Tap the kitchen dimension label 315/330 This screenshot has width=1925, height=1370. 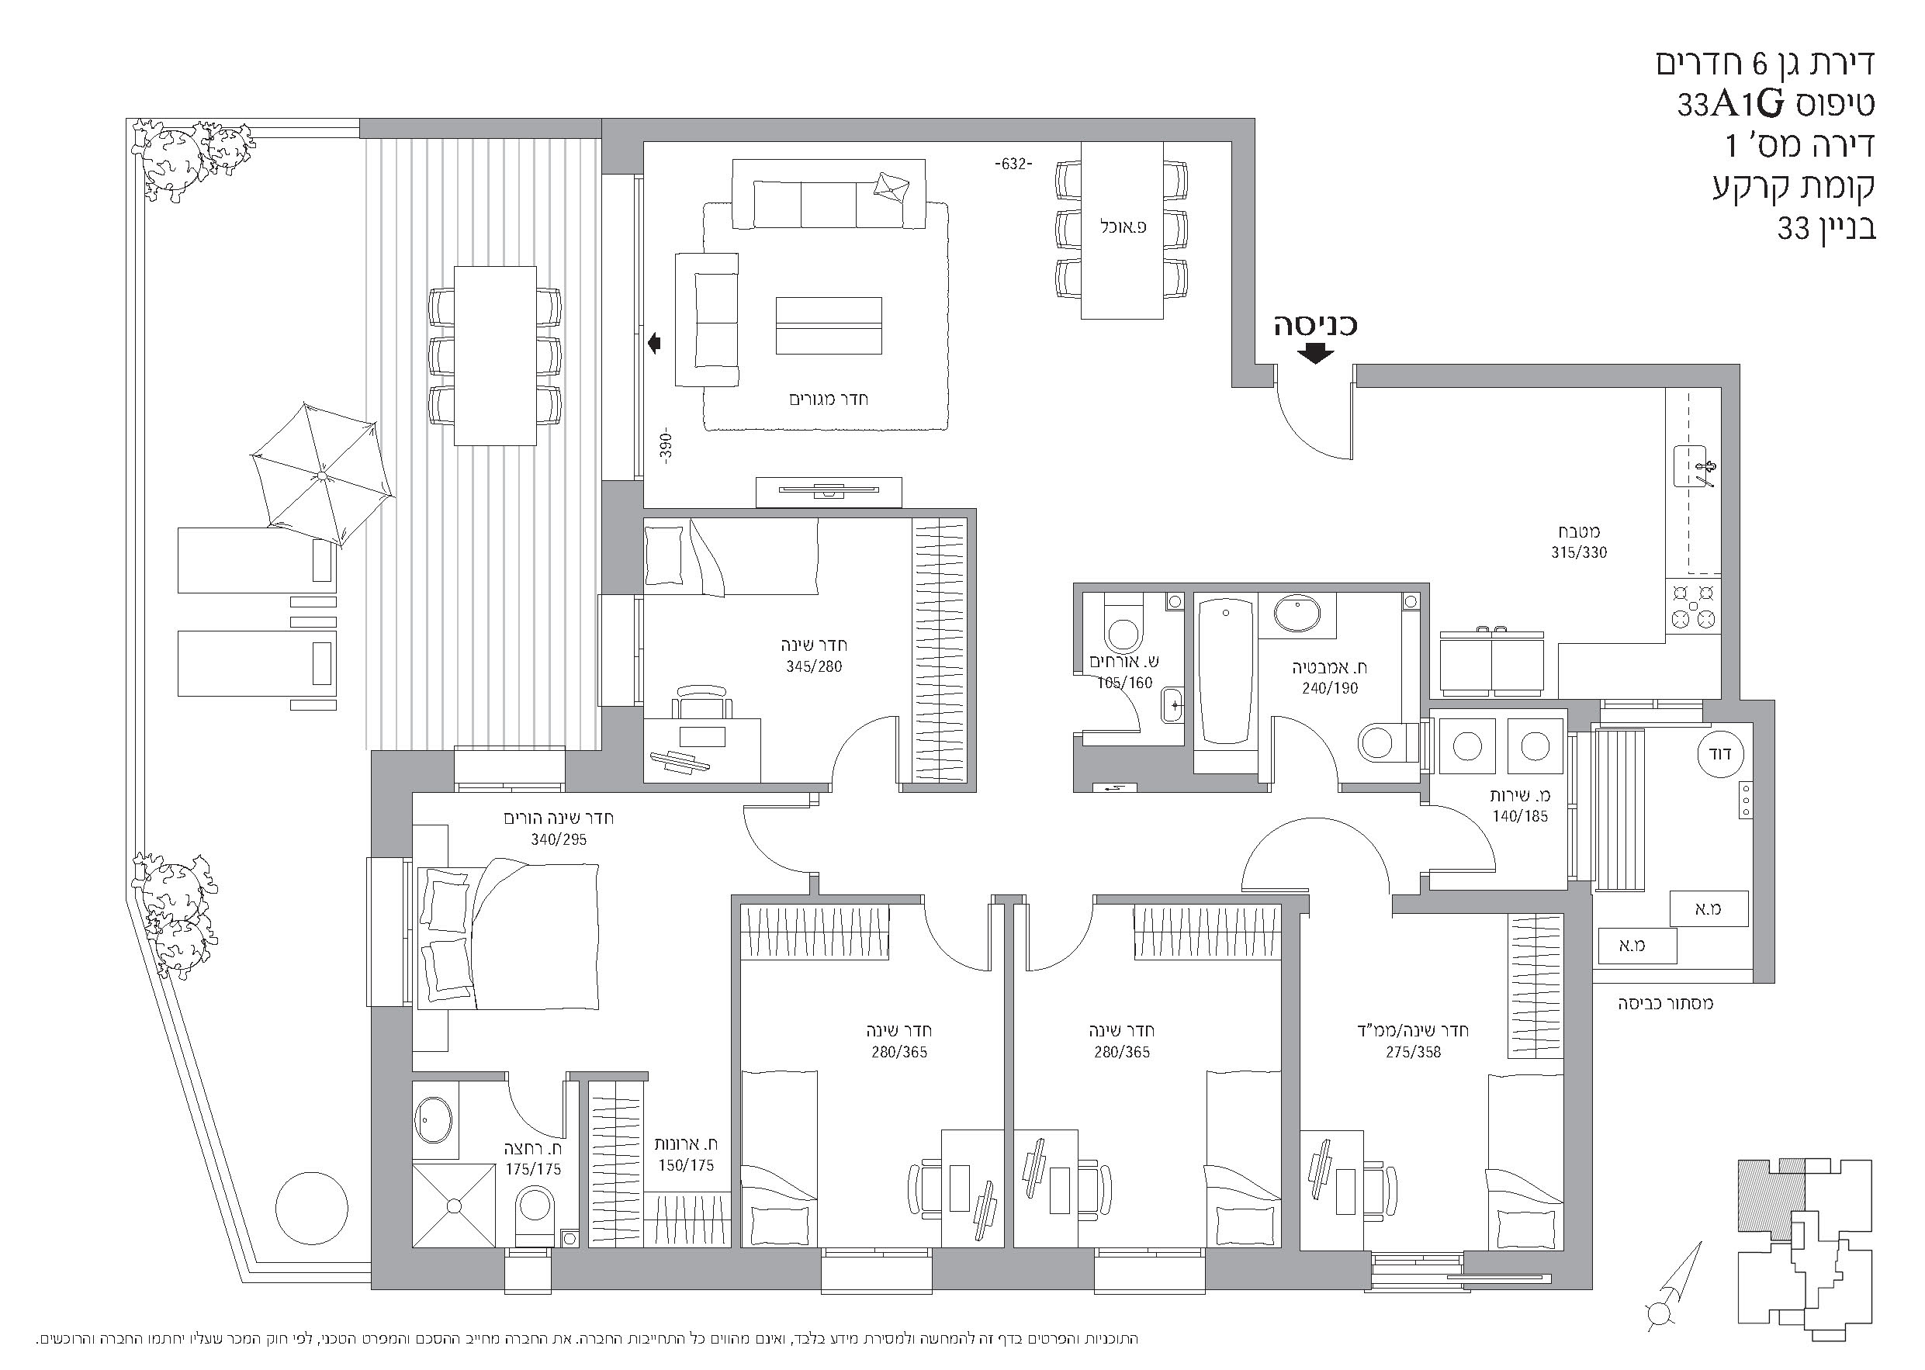[1579, 552]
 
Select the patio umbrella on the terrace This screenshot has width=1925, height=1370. [322, 475]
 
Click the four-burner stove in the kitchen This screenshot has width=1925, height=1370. [1694, 605]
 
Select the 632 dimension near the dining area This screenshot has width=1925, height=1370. [1013, 164]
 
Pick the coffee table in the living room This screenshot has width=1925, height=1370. [829, 326]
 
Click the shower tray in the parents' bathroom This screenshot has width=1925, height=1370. [454, 1206]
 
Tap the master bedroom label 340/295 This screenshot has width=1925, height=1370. [559, 839]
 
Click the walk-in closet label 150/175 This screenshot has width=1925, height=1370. [687, 1165]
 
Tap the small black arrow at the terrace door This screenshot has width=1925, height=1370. [655, 344]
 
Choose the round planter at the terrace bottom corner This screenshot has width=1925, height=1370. [311, 1207]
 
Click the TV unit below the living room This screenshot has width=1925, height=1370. [829, 492]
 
